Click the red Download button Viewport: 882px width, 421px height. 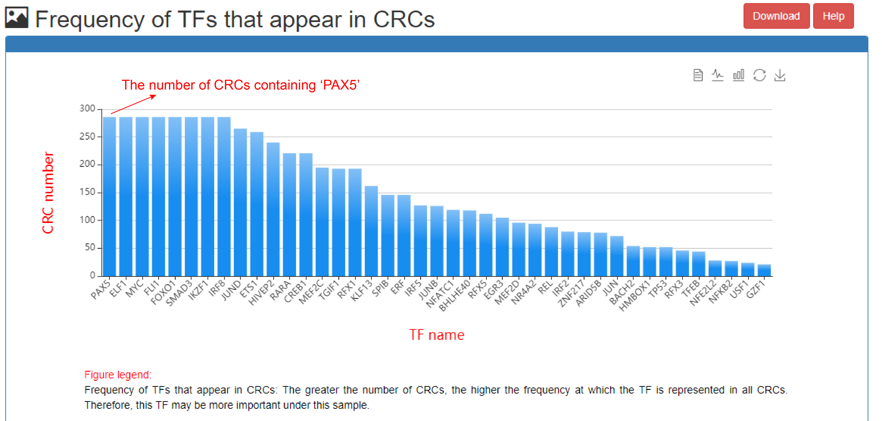pyautogui.click(x=776, y=16)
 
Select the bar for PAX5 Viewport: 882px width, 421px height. pyautogui.click(x=110, y=196)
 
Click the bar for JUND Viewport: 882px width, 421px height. pyautogui.click(x=240, y=202)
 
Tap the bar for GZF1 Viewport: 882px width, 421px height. pyautogui.click(x=764, y=270)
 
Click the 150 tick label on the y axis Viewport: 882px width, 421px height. pyautogui.click(x=87, y=192)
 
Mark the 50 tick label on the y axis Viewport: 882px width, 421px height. pyautogui.click(x=90, y=248)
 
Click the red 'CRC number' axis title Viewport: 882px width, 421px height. pyautogui.click(x=48, y=193)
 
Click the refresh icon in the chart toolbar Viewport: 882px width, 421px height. pyautogui.click(x=759, y=75)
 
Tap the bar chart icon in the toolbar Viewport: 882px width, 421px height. pyautogui.click(x=738, y=75)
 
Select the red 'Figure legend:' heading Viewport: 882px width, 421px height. pyautogui.click(x=118, y=375)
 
